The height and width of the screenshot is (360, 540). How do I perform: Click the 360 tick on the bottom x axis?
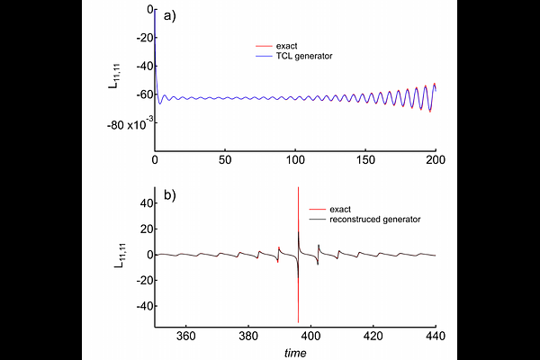(x=186, y=336)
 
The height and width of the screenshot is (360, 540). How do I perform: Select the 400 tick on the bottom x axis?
(x=311, y=336)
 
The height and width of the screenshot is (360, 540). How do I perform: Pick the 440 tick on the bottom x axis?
(x=436, y=336)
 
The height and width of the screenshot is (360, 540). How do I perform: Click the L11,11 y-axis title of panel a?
(x=112, y=79)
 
